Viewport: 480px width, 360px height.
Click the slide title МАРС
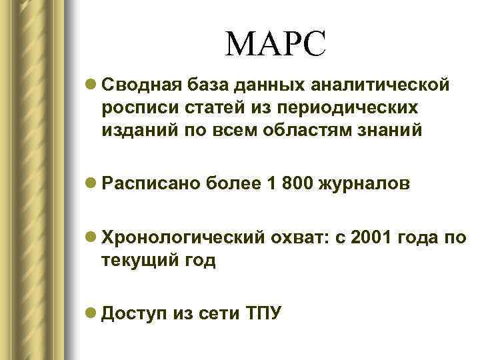click(x=276, y=45)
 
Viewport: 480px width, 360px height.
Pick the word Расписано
click(x=146, y=184)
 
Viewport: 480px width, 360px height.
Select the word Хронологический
click(x=184, y=239)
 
